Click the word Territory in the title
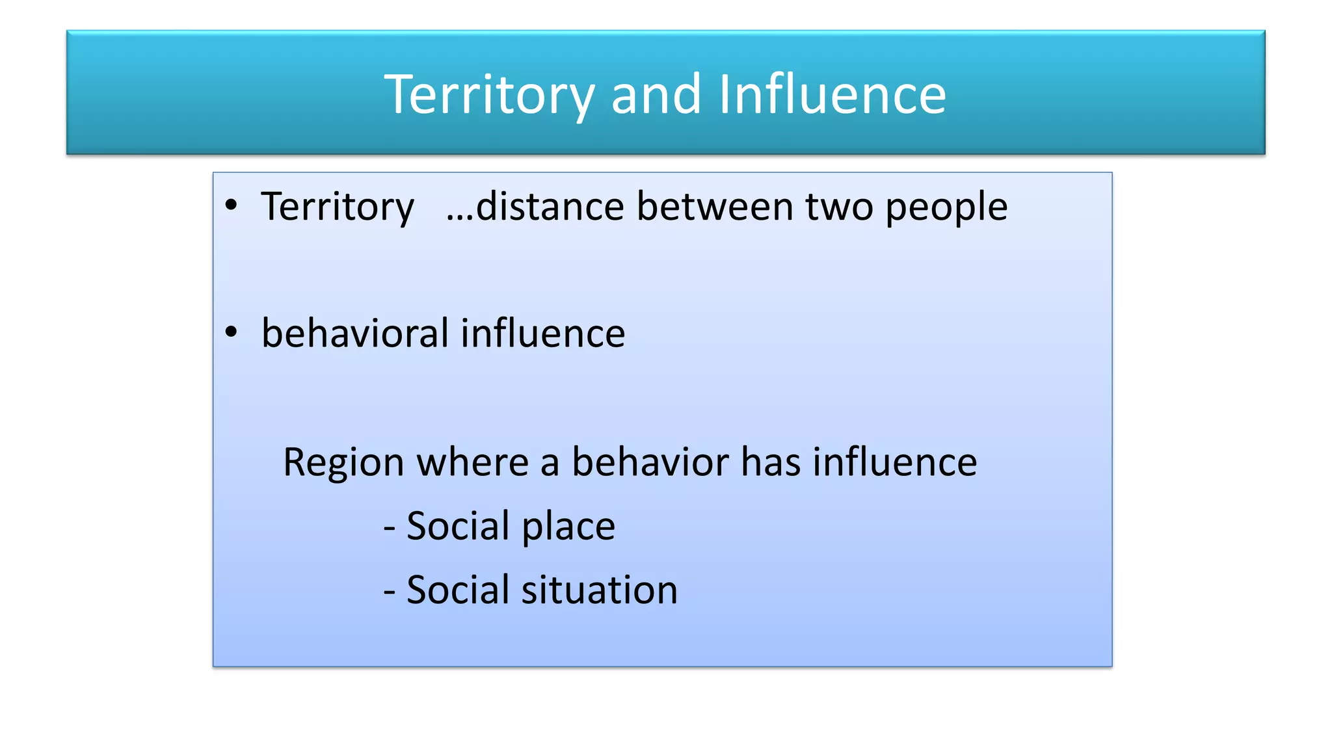(x=489, y=95)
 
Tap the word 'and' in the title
(x=656, y=95)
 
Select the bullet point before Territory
(x=231, y=205)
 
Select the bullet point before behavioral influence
(x=231, y=332)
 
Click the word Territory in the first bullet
(x=337, y=207)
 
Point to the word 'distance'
(x=550, y=207)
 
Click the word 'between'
(x=715, y=207)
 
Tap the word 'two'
(x=839, y=207)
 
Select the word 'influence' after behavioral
(x=543, y=333)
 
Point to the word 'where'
(x=472, y=462)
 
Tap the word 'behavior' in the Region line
(x=650, y=462)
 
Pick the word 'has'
(x=771, y=462)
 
